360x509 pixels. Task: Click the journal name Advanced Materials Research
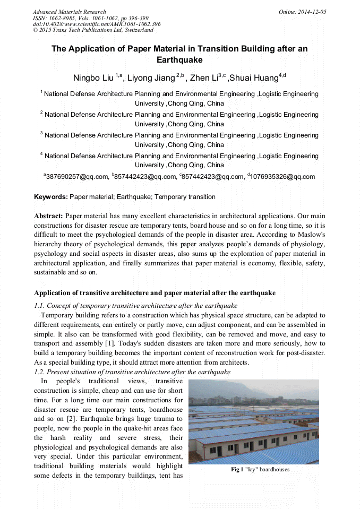69,12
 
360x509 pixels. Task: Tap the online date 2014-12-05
312,12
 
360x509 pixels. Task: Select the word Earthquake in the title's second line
179,60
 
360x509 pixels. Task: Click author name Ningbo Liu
93,79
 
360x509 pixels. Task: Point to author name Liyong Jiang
152,79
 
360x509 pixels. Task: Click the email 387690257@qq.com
76,177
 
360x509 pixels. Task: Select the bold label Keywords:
50,197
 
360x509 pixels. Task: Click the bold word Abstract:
49,216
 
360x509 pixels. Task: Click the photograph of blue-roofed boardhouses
254,422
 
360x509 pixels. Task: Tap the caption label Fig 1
236,470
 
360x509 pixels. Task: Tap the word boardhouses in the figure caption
274,470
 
